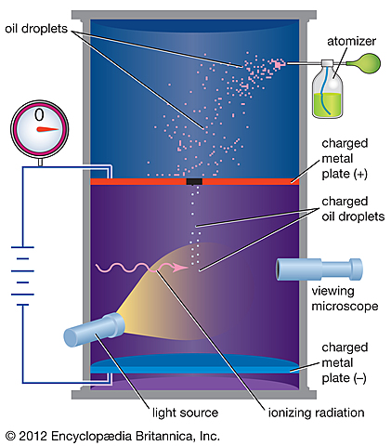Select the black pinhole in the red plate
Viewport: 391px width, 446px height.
click(194, 181)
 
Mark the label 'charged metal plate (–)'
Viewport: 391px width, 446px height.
click(347, 359)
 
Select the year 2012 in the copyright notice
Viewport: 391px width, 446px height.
click(35, 434)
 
